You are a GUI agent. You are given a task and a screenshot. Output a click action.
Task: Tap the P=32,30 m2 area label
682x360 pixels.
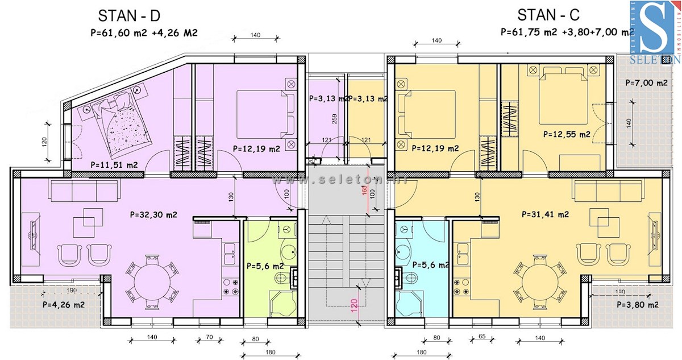click(153, 215)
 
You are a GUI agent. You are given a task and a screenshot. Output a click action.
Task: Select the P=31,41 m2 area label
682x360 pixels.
click(546, 214)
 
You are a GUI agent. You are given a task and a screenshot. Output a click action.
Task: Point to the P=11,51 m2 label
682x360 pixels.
click(114, 165)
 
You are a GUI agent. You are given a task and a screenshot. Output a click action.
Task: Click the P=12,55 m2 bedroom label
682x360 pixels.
click(567, 134)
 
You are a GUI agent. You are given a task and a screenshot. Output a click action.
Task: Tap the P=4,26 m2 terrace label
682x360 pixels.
click(64, 304)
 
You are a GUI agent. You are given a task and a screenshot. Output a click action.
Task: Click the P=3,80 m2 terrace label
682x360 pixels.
click(638, 304)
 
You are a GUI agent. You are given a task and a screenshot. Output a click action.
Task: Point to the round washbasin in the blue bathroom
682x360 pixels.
click(405, 253)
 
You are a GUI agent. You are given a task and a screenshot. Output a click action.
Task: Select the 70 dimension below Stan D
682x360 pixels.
click(209, 337)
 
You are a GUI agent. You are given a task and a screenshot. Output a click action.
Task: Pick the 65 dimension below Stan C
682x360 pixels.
click(481, 337)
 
